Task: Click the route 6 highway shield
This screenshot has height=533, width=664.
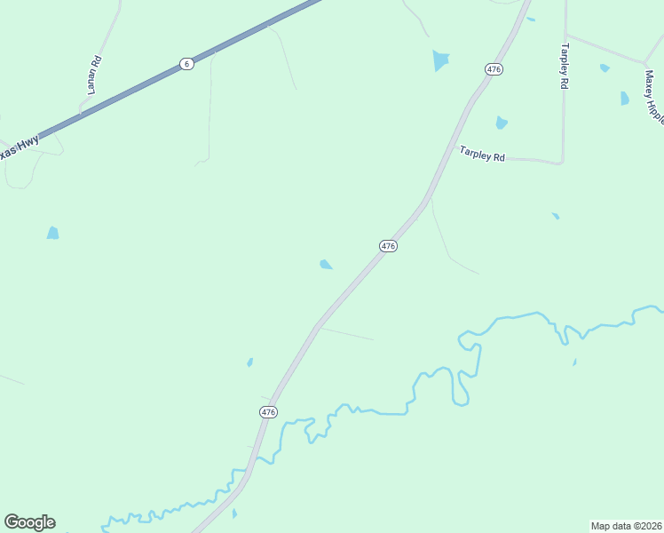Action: pos(186,64)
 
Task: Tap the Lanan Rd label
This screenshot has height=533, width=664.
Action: pos(96,76)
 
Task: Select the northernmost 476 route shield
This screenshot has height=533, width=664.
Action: pos(494,68)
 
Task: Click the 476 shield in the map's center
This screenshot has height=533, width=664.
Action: pos(387,246)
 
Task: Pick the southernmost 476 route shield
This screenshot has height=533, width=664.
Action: pos(269,412)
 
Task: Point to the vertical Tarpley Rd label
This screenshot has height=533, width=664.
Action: pos(563,66)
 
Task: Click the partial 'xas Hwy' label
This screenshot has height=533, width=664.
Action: pos(18,147)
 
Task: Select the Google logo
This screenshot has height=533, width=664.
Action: pos(29,522)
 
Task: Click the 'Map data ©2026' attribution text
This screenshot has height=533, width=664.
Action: pos(626,526)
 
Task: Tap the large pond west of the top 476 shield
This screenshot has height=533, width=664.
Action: pos(440,60)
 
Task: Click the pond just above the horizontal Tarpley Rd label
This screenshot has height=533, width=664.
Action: pos(502,123)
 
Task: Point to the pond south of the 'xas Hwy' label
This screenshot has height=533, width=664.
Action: pos(52,233)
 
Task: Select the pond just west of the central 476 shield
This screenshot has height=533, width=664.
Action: pos(326,264)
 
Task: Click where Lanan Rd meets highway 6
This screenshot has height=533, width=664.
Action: pos(82,113)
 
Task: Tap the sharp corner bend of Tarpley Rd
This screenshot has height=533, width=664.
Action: pos(562,163)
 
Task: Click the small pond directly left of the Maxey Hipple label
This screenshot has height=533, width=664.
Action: pos(625,99)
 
